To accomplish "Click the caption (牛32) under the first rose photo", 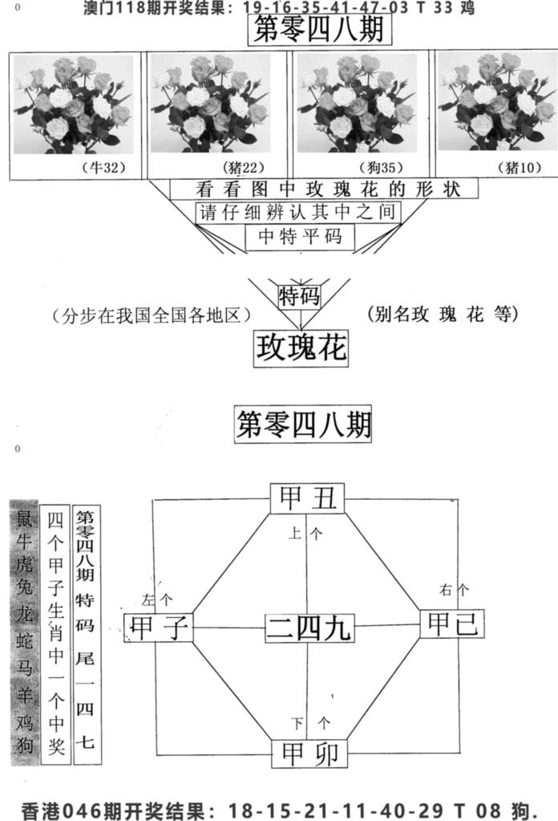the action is pyautogui.click(x=104, y=168).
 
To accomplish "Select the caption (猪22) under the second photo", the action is pyautogui.click(x=243, y=168).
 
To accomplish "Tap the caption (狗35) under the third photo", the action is pyautogui.click(x=382, y=168).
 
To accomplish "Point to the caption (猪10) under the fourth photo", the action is pyautogui.click(x=520, y=168).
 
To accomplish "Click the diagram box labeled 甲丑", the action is pyautogui.click(x=308, y=498).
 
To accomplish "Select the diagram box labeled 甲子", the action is pyautogui.click(x=159, y=628).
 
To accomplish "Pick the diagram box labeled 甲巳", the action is pyautogui.click(x=452, y=623).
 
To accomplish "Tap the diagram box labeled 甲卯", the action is pyautogui.click(x=309, y=754).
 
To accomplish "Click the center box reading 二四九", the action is pyautogui.click(x=309, y=628).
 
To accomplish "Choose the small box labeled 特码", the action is pyautogui.click(x=299, y=296).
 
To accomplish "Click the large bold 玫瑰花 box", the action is pyautogui.click(x=301, y=348).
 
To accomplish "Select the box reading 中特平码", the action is pyautogui.click(x=300, y=237).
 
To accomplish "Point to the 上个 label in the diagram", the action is pyautogui.click(x=306, y=534).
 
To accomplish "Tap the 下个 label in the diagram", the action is pyautogui.click(x=310, y=724).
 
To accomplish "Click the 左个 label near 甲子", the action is pyautogui.click(x=157, y=599).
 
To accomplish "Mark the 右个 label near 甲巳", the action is pyautogui.click(x=454, y=590).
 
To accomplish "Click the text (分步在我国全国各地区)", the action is pyautogui.click(x=152, y=315).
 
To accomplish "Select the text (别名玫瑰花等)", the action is pyautogui.click(x=443, y=314).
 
